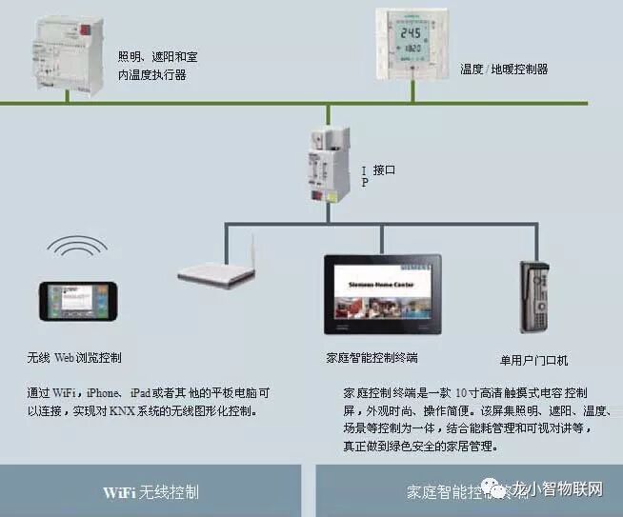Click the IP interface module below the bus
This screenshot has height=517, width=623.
pyautogui.click(x=325, y=163)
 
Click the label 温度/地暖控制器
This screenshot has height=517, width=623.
pyautogui.click(x=504, y=70)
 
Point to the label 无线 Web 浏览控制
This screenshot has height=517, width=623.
pyautogui.click(x=75, y=359)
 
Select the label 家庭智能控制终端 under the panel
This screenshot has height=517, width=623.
pyautogui.click(x=372, y=359)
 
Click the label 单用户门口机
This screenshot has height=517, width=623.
pyautogui.click(x=533, y=361)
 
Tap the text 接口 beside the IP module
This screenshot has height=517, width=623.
pyautogui.click(x=384, y=170)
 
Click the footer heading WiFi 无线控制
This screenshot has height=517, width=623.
pyautogui.click(x=151, y=492)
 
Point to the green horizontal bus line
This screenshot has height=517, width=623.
pyautogui.click(x=191, y=103)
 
